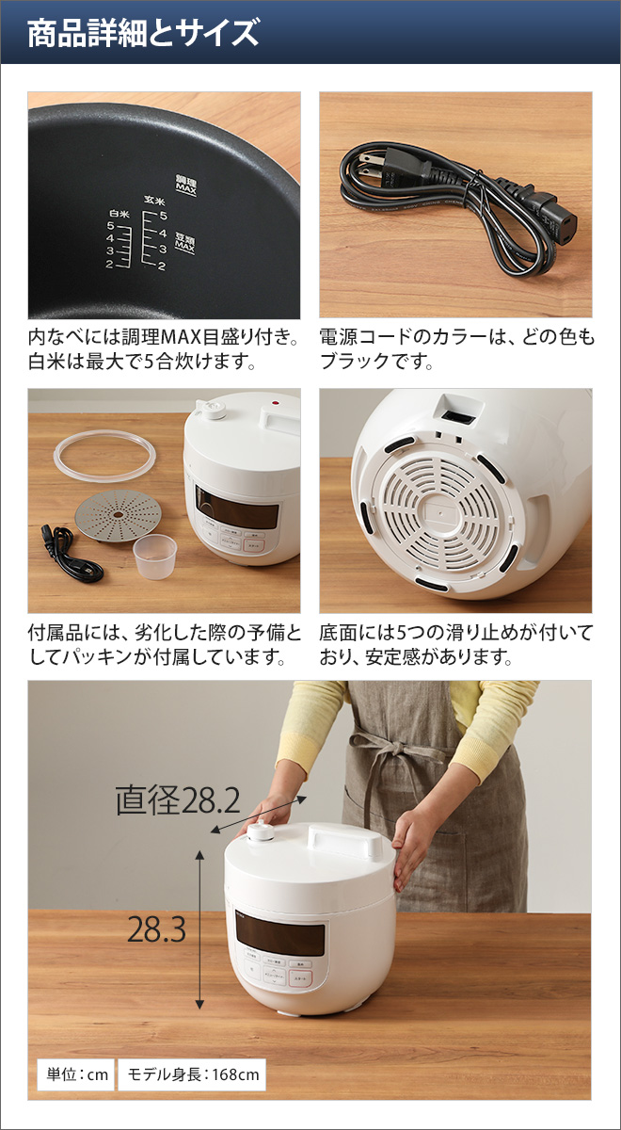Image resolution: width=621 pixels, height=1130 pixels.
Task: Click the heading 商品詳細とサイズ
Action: (143, 34)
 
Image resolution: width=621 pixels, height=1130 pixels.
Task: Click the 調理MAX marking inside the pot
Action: (184, 184)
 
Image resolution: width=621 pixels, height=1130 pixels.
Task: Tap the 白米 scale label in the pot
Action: (119, 214)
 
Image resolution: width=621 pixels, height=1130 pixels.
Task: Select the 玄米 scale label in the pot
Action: (153, 201)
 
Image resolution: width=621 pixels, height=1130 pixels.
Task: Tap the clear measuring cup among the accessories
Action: (154, 557)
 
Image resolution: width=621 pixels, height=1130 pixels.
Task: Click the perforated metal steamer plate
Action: (119, 517)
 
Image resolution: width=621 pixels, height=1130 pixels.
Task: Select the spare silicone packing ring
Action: (103, 456)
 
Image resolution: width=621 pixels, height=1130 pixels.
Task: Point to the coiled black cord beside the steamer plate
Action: (66, 555)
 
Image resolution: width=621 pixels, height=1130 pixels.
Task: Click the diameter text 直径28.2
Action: (177, 801)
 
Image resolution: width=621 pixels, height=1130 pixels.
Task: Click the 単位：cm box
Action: (75, 1073)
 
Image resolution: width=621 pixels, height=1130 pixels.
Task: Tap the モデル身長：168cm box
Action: (191, 1073)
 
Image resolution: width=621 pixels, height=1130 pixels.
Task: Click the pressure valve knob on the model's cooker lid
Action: (261, 832)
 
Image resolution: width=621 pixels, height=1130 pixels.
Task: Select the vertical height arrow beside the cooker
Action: (199, 928)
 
